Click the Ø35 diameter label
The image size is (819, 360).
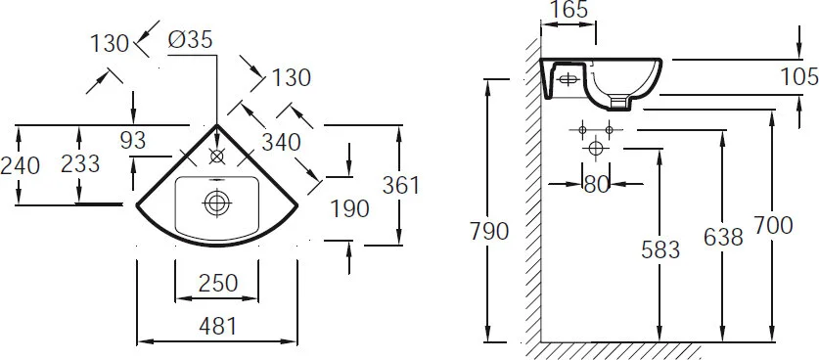pyautogui.click(x=190, y=41)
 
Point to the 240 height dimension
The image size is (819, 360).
pyautogui.click(x=21, y=165)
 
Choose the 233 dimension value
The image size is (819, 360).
pyautogui.click(x=80, y=165)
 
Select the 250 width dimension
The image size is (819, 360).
pyautogui.click(x=217, y=284)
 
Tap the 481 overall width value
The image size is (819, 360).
pyautogui.click(x=217, y=328)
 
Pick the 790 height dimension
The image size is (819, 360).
pyautogui.click(x=488, y=232)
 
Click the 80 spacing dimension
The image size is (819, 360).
pyautogui.click(x=597, y=183)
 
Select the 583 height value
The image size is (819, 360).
pyautogui.click(x=660, y=250)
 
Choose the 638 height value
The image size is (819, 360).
pyautogui.click(x=723, y=236)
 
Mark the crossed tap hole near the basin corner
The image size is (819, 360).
pyautogui.click(x=217, y=156)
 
